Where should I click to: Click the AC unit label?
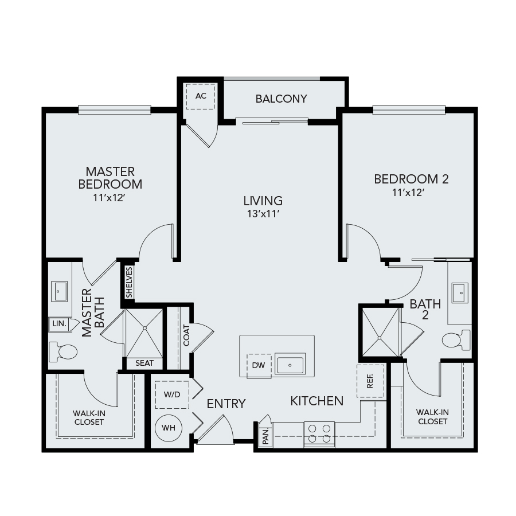[201, 96]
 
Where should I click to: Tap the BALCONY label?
[281, 99]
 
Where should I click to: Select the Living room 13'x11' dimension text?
[263, 214]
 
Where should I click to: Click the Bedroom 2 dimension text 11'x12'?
[408, 193]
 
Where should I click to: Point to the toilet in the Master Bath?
[62, 351]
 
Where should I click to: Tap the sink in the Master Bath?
[59, 291]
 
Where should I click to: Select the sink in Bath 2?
[460, 292]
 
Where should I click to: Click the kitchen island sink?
[290, 365]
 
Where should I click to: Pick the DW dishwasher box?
[259, 365]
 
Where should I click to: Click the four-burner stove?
[319, 434]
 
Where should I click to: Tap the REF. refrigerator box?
[370, 381]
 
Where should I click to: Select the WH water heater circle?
[169, 428]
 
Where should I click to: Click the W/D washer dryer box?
[172, 394]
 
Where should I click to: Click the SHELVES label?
[129, 282]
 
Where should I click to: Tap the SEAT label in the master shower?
[144, 363]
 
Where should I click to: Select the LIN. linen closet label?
[60, 323]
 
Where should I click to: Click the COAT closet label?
[186, 335]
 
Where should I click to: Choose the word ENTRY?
[226, 404]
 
